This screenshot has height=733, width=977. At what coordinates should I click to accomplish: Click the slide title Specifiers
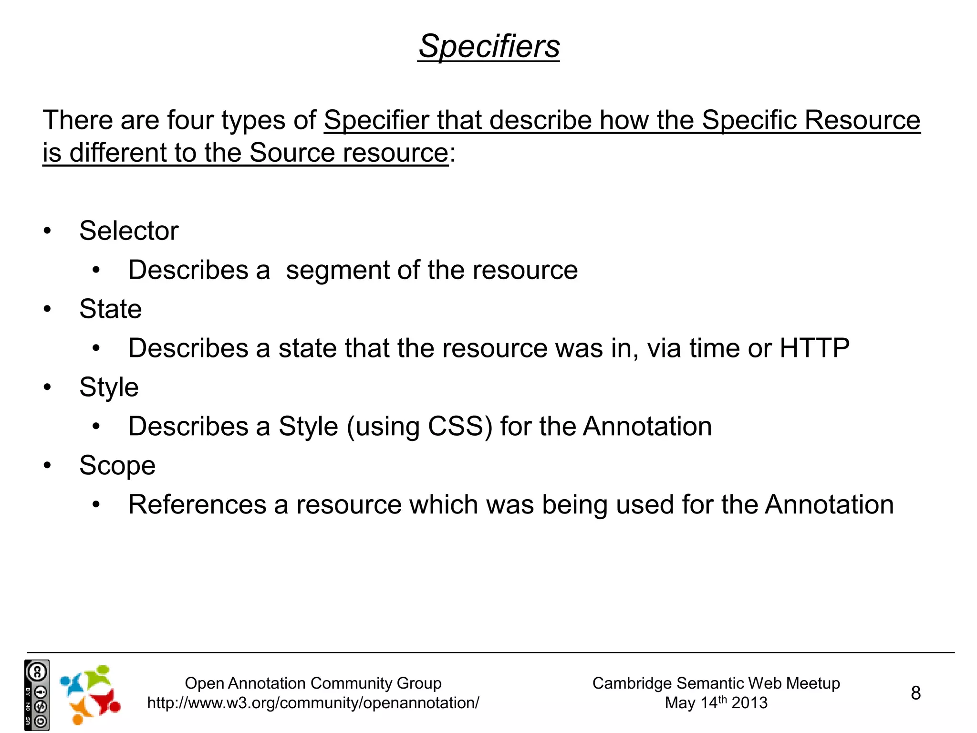click(x=488, y=47)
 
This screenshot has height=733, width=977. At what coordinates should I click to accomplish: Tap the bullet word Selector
click(x=129, y=231)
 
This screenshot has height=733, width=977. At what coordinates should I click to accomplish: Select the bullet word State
click(x=110, y=309)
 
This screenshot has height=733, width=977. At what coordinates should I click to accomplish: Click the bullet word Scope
click(x=117, y=466)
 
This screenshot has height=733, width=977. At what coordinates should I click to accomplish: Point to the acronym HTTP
click(x=814, y=348)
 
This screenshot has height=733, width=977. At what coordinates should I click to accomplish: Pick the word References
click(x=197, y=505)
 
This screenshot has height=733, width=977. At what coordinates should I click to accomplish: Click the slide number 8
click(x=915, y=693)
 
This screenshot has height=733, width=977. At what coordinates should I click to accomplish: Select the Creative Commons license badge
click(x=37, y=695)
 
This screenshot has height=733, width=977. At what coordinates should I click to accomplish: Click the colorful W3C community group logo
click(x=90, y=694)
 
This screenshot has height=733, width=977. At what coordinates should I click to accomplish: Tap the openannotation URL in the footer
click(x=313, y=703)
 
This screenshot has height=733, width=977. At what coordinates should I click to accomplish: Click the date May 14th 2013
click(x=716, y=703)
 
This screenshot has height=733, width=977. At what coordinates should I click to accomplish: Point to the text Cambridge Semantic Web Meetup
click(x=716, y=683)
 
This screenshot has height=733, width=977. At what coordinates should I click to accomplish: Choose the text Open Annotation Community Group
click(x=313, y=683)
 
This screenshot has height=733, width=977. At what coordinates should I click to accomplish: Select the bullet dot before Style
click(x=47, y=387)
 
